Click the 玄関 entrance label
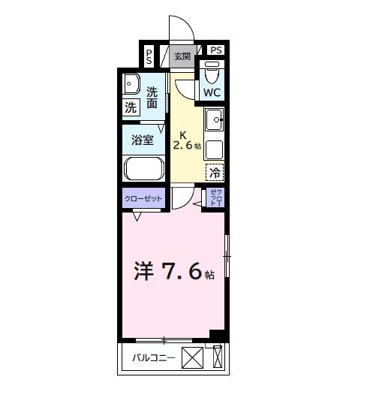pos(182,56)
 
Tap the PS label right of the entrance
pos(216,50)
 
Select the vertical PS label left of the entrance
pos(149,56)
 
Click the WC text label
pos(212,93)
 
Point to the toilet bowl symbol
pos(211,74)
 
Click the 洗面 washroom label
pos(152,98)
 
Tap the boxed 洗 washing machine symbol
pos(131,107)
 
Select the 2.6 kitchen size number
pos(184,146)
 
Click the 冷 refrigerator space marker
pos(215,172)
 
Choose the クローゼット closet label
pos(143,198)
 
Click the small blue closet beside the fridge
pos(215,197)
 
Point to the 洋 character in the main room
pos(144,271)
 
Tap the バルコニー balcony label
pos(154,358)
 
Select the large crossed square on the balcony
pos(193,358)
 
